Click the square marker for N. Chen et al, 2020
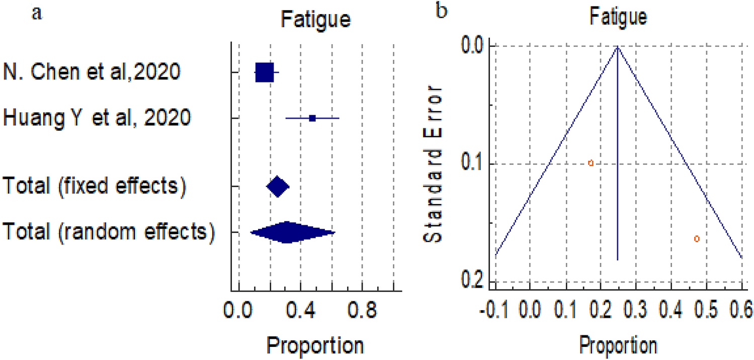265,72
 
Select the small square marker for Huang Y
312,118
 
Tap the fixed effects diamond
278,187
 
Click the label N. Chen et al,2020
92,72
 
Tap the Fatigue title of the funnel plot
618,18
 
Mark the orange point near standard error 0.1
591,163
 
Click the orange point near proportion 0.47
697,239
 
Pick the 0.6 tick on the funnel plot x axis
742,306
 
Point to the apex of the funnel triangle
618,46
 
